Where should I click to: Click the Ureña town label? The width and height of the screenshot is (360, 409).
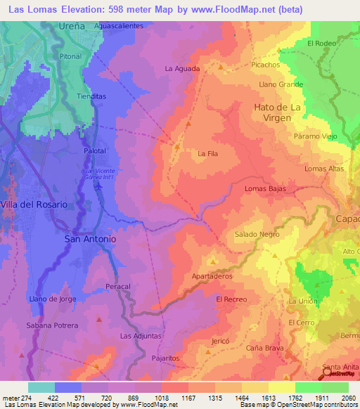coord(72,26)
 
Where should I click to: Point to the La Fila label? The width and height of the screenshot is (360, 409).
coord(207,153)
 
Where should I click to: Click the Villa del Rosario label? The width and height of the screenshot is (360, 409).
coord(34,204)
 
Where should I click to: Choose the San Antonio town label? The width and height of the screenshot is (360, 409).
coord(90,239)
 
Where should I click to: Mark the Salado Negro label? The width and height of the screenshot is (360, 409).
coord(257,235)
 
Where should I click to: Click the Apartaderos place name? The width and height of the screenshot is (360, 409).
coord(212,276)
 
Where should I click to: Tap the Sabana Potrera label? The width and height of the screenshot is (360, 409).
coord(52,325)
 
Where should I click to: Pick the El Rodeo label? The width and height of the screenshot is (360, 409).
coord(321,43)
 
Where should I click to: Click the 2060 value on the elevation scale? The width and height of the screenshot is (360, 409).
coord(340,398)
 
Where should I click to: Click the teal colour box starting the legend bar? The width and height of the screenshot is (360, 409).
coord(41,387)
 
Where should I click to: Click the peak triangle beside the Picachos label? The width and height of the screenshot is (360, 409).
coord(279,51)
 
